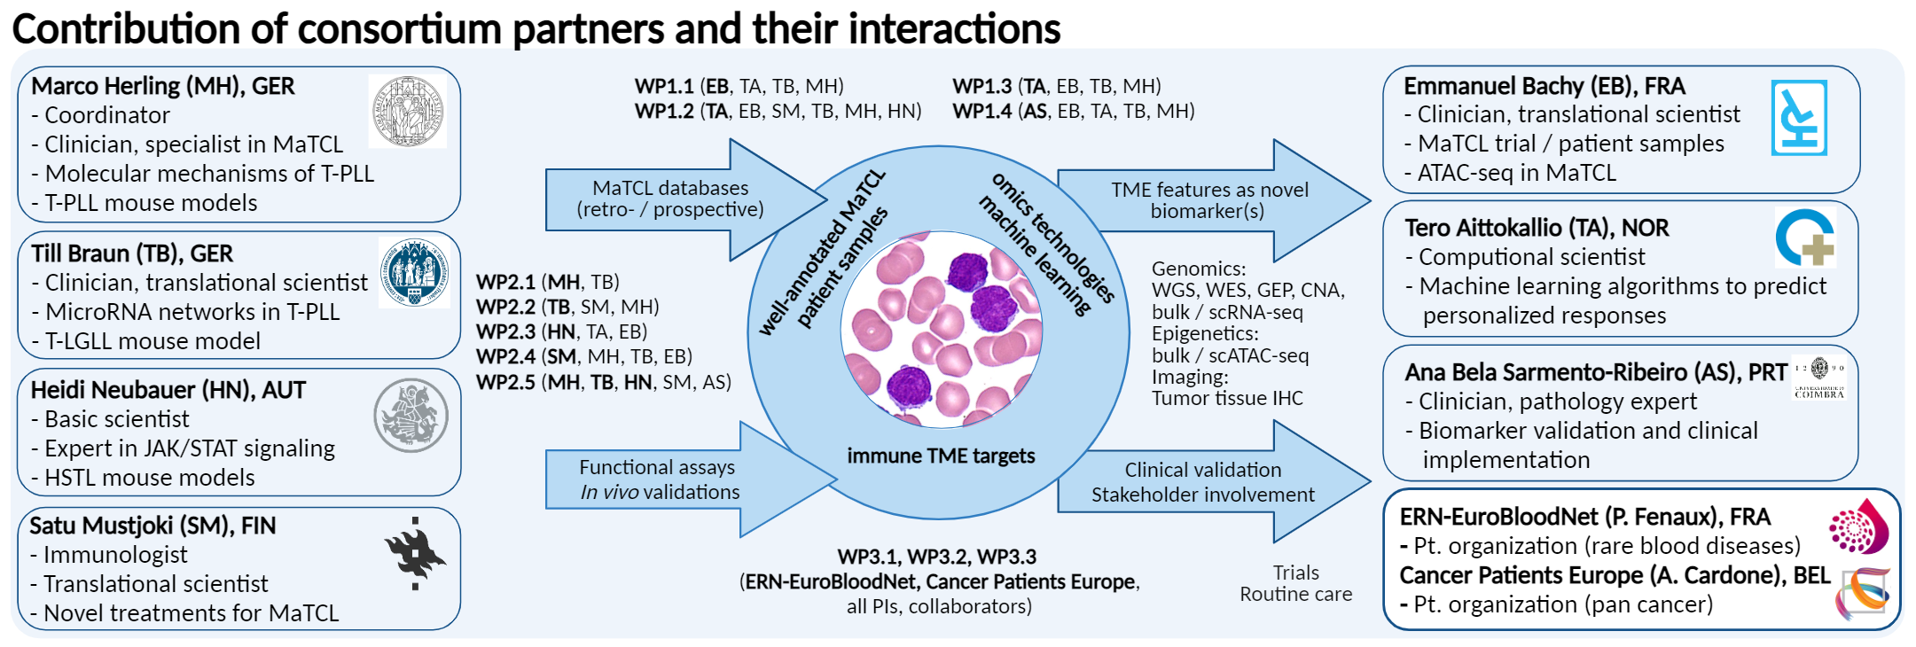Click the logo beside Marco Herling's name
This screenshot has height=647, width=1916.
point(408,111)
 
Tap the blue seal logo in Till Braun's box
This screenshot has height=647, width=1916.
point(414,272)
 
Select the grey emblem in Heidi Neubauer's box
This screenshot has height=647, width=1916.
point(411,416)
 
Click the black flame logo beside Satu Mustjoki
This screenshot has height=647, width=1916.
point(415,554)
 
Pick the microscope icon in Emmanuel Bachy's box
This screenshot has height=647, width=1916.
point(1799,118)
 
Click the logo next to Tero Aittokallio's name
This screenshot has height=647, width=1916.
point(1805,238)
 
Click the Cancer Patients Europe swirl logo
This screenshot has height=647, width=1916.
point(1863,593)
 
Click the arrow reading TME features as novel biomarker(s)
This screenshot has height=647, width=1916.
point(1214,200)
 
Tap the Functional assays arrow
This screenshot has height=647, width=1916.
point(691,479)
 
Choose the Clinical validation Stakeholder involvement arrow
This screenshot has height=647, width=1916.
point(1214,481)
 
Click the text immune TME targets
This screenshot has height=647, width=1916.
point(941,456)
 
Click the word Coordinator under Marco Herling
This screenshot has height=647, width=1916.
point(107,115)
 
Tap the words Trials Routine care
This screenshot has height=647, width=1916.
point(1295,583)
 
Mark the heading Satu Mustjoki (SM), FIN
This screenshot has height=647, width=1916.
point(152,526)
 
